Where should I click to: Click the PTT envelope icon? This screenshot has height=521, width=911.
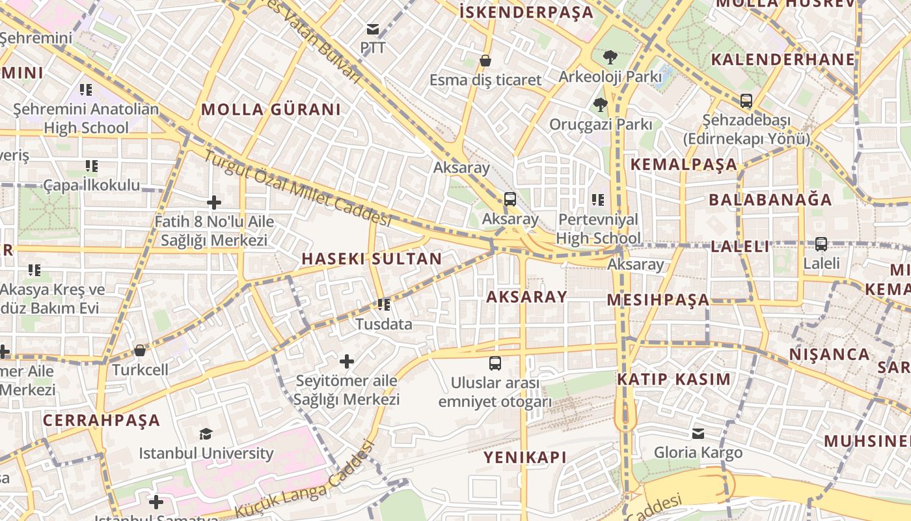point(373,29)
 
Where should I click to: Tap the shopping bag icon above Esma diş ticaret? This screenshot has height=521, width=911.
point(485,61)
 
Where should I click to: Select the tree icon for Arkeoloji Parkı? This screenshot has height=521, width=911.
point(610,57)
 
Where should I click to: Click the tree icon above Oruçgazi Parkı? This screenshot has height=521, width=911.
point(600,104)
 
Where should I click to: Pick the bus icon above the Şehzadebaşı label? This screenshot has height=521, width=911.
point(746,101)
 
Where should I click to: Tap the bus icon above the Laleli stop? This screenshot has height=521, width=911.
point(821,244)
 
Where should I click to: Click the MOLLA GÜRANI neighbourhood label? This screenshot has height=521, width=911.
point(271,109)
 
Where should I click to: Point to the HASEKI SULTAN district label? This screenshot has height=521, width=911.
point(372,259)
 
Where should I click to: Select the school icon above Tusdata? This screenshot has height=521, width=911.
point(384,304)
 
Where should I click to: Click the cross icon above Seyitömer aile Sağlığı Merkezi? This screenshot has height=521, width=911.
point(347,361)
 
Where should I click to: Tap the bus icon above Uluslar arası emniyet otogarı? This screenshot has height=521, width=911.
point(495,363)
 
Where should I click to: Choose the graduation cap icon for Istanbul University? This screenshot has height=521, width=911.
point(206,434)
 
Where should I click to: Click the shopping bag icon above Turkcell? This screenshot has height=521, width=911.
point(139,350)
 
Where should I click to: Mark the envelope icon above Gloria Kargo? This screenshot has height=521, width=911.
point(698,433)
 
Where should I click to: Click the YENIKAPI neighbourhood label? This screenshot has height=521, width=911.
point(524,457)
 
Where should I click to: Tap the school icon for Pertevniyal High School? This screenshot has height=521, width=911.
point(597,200)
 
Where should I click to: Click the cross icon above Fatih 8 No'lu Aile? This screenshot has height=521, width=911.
point(213,203)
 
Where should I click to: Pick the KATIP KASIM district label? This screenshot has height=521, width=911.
point(673,379)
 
